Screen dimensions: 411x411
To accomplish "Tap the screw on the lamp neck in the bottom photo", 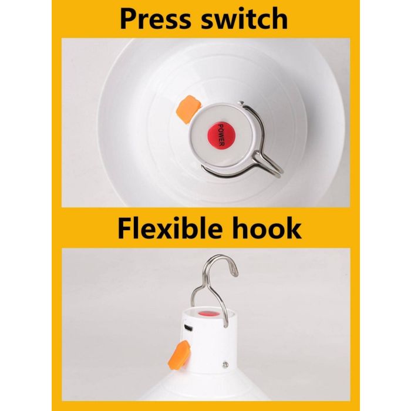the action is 225,363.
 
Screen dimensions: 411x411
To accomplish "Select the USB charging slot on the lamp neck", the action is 187,327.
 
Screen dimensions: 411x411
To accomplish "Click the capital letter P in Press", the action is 129,19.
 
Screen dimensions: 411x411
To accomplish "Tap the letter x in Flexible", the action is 165,231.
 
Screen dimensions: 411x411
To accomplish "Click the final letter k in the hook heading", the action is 293,228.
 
